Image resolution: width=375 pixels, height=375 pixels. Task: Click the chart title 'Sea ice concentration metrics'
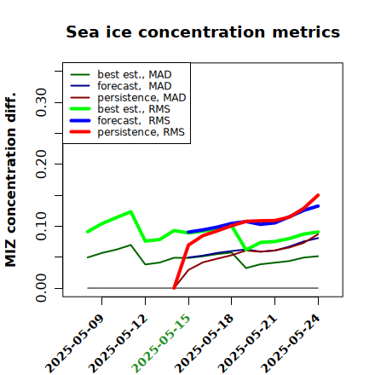(203, 32)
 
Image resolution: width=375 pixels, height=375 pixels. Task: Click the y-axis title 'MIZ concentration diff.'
(10, 180)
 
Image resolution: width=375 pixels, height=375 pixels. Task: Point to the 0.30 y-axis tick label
(41, 102)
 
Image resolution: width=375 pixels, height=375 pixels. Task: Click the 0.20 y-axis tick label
(41, 164)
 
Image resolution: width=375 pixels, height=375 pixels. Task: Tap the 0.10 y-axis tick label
(41, 226)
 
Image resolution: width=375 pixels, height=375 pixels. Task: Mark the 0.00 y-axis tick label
(41, 288)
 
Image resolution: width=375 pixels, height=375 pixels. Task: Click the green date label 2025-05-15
(161, 343)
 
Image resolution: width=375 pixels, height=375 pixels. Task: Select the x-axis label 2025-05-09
(74, 343)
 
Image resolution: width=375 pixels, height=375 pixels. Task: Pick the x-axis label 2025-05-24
(291, 343)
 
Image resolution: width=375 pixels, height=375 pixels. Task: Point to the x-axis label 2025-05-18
(204, 343)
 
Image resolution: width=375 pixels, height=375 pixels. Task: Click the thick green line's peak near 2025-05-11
(130, 211)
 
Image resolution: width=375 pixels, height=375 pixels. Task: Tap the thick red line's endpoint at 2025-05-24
(318, 195)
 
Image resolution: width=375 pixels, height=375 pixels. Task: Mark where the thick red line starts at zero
(174, 288)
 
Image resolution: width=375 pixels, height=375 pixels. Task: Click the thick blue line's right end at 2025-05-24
(318, 206)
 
